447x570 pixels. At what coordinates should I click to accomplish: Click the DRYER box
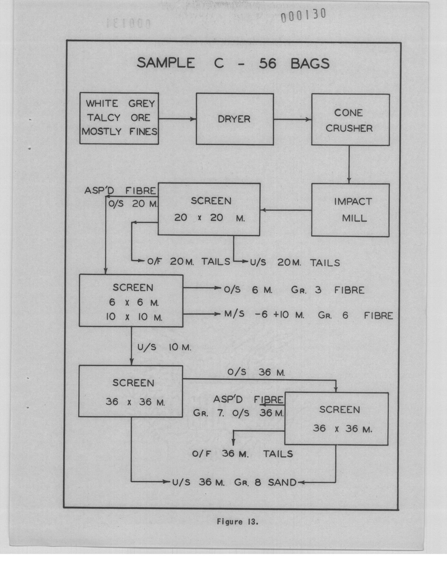pyautogui.click(x=235, y=119)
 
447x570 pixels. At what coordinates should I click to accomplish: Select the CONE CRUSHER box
pyautogui.click(x=351, y=120)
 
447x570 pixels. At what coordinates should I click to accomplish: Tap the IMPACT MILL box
pyautogui.click(x=350, y=210)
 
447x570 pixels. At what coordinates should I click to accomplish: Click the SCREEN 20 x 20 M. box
pyautogui.click(x=209, y=209)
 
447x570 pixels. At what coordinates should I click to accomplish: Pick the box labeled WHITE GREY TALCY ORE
pyautogui.click(x=119, y=118)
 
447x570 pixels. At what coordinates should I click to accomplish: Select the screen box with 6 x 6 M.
pyautogui.click(x=131, y=301)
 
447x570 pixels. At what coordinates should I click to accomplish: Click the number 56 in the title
pyautogui.click(x=267, y=64)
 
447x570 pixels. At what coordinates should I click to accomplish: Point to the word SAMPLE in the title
pyautogui.click(x=166, y=63)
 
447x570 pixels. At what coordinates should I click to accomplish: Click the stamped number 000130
pyautogui.click(x=303, y=16)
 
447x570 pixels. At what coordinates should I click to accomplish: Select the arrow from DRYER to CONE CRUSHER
pyautogui.click(x=293, y=119)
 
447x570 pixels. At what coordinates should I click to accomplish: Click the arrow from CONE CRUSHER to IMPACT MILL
pyautogui.click(x=349, y=164)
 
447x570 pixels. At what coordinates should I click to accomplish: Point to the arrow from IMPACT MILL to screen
pyautogui.click(x=286, y=210)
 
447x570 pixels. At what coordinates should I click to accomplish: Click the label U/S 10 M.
pyautogui.click(x=164, y=347)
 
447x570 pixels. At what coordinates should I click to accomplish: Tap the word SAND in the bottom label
pyautogui.click(x=282, y=482)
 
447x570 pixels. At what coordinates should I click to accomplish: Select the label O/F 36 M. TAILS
pyautogui.click(x=243, y=454)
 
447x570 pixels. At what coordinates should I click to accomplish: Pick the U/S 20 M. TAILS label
pyautogui.click(x=295, y=262)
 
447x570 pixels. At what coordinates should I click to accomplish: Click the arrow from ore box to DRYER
pyautogui.click(x=177, y=119)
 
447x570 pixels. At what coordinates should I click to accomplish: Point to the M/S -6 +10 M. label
pyautogui.click(x=264, y=315)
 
